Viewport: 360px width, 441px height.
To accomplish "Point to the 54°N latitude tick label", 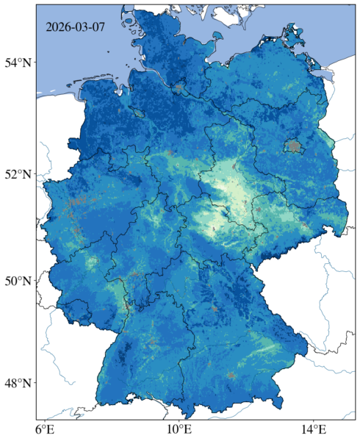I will tap(19, 62).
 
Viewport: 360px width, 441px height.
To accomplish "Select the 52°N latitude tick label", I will tap(19, 174).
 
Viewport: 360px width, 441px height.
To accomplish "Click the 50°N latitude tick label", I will tap(19, 282).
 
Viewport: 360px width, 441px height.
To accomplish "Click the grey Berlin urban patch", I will tap(295, 146).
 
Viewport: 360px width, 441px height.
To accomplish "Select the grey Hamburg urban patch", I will tap(179, 88).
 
